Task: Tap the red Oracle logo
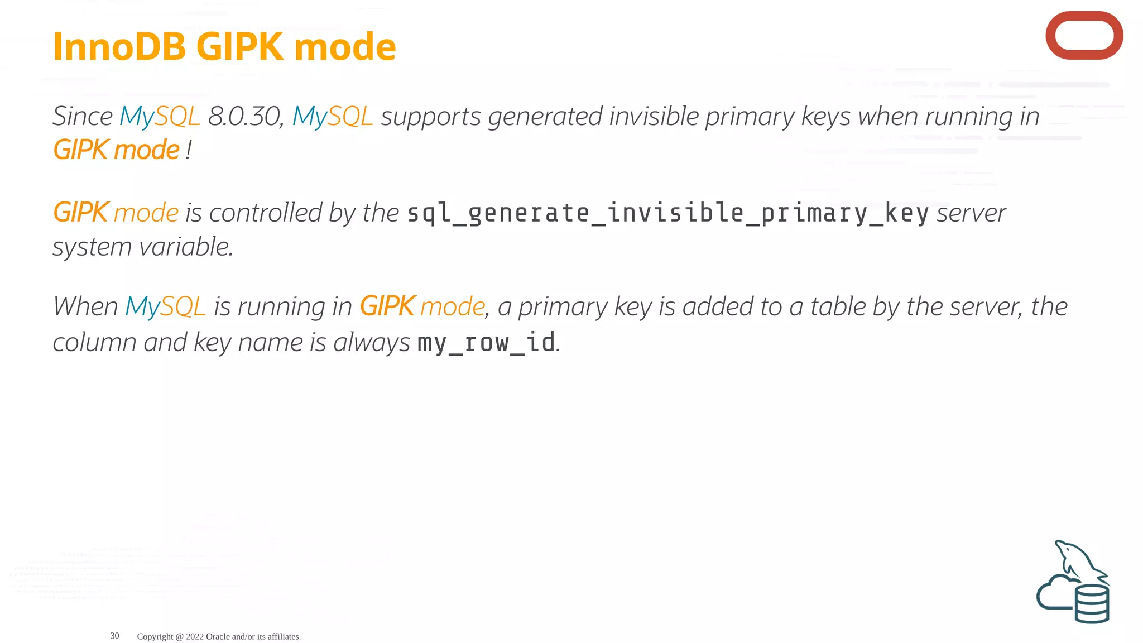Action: pos(1084,36)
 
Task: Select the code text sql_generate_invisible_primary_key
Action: pos(668,213)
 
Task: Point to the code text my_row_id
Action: pos(486,342)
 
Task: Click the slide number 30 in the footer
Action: pos(114,636)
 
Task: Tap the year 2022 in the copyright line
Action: pos(195,636)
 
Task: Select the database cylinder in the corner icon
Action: pos(1092,604)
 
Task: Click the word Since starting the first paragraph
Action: pos(83,116)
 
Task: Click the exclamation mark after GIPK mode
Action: pos(189,150)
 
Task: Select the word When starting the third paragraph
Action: pos(85,306)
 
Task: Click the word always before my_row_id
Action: pos(371,342)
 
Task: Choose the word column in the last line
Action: pos(94,342)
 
